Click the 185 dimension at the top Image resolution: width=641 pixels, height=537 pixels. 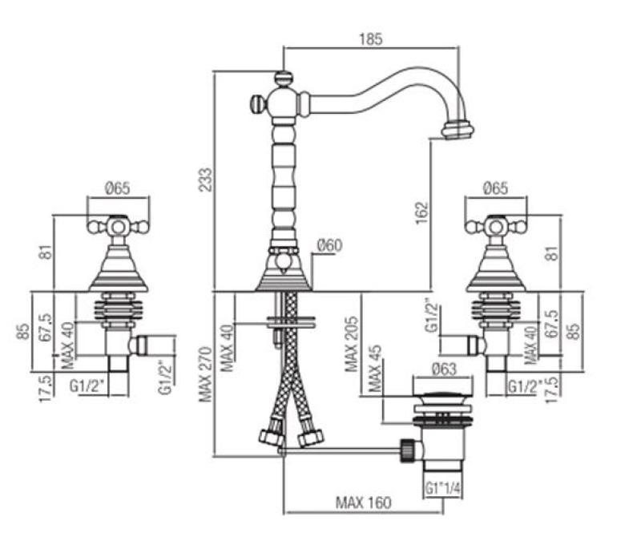coord(372,38)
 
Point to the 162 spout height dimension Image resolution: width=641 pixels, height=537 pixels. coord(423,212)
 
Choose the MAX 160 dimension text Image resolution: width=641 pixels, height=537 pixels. coord(363,503)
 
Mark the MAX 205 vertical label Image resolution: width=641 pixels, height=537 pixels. coord(352,343)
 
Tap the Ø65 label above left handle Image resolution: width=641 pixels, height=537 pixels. coord(117,188)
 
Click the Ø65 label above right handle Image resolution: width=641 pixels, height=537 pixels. coord(496,188)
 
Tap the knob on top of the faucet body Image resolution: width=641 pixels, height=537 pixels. coord(283,79)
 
